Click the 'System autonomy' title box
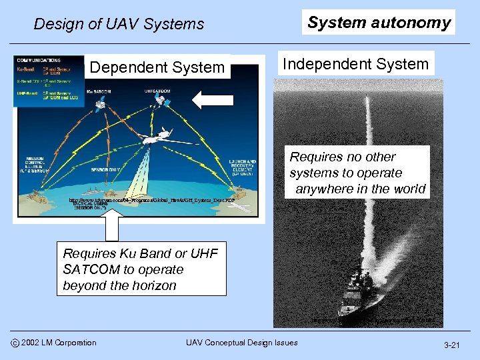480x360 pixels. pos(379,22)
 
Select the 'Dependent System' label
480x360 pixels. pos(157,67)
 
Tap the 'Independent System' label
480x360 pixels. pos(355,64)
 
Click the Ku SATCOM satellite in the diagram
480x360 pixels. pos(99,104)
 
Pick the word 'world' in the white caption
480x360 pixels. pos(408,189)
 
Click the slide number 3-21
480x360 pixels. pos(453,345)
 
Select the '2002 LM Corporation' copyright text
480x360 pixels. pos(59,343)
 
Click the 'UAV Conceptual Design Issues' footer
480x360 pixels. pos(241,343)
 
